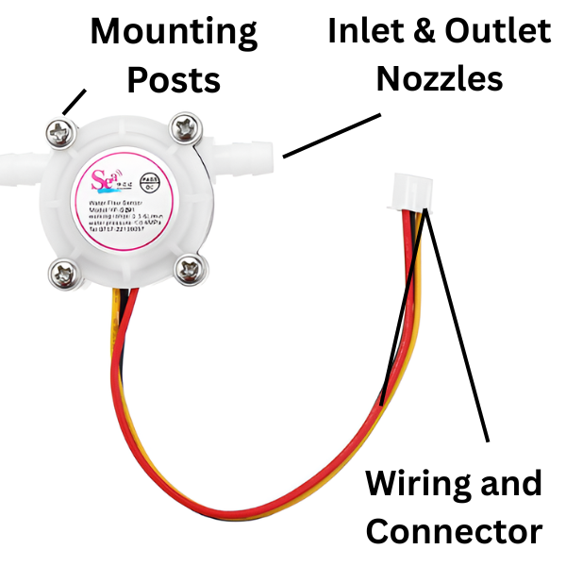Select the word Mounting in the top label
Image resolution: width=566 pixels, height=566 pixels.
[174, 33]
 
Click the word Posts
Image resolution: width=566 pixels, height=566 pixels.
[174, 79]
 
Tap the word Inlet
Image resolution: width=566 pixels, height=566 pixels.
[362, 31]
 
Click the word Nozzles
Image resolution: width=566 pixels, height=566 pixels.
[439, 77]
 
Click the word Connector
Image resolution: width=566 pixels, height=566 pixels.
[454, 531]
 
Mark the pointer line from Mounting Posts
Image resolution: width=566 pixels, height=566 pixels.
[76, 101]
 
